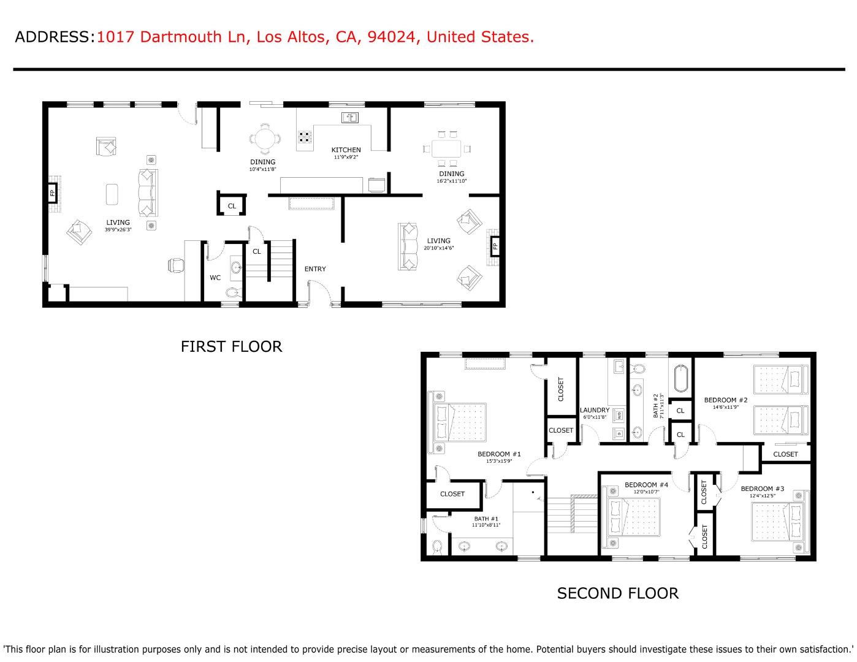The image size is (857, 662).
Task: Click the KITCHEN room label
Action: click(x=346, y=150)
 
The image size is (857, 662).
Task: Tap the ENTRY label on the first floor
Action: click(x=315, y=269)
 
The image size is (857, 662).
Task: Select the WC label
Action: click(x=215, y=278)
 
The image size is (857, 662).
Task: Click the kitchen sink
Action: click(x=350, y=118)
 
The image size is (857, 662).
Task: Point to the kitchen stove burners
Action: click(x=305, y=137)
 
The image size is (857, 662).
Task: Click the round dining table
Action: click(x=265, y=139)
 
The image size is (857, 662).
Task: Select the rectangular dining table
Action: click(x=446, y=149)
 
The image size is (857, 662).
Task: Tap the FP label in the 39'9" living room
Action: click(x=52, y=193)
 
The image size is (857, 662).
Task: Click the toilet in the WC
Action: click(x=233, y=292)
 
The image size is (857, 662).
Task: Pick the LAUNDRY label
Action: click(x=595, y=410)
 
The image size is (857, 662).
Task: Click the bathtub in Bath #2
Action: click(x=681, y=379)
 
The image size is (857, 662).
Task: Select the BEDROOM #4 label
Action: click(x=646, y=485)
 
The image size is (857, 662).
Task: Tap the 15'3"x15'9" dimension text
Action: click(x=499, y=461)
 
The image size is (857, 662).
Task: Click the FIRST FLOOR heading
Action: click(x=232, y=346)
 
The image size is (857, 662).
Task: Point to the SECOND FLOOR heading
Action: click(x=617, y=593)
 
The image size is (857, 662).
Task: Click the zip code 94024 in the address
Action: click(x=391, y=37)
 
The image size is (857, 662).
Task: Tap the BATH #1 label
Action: click(x=486, y=519)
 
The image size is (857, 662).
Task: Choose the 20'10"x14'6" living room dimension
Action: click(x=438, y=248)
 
